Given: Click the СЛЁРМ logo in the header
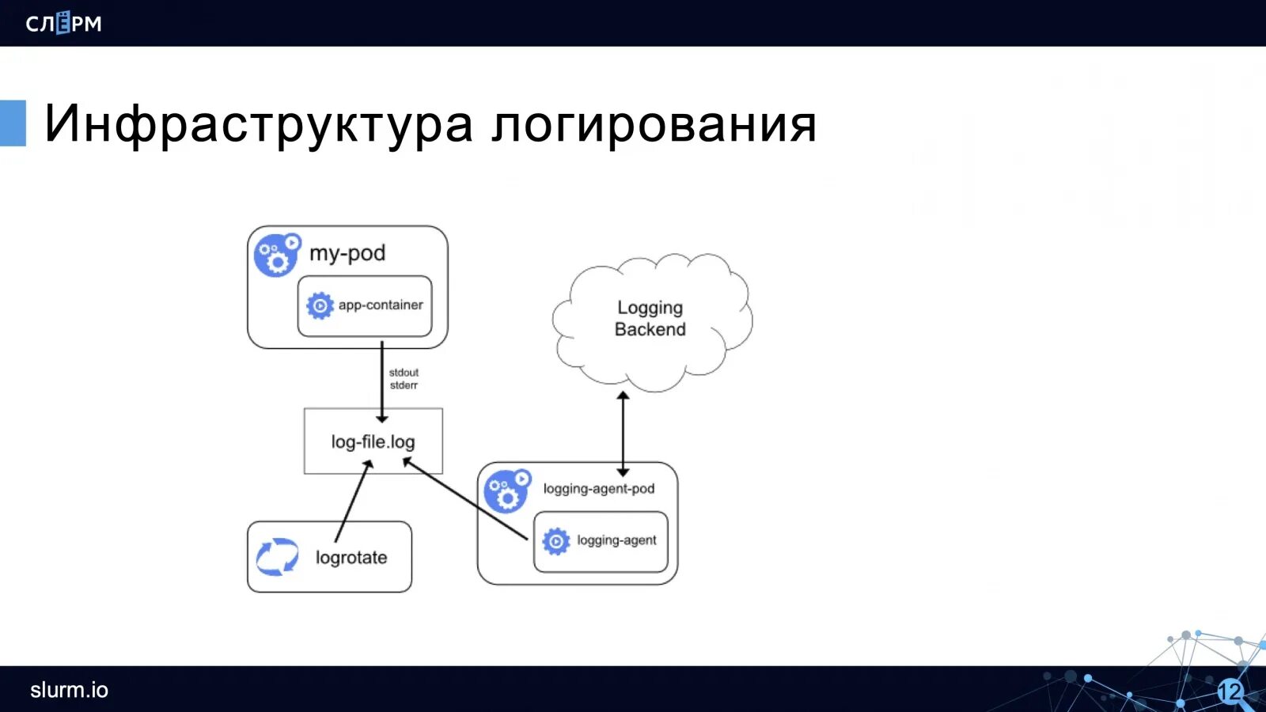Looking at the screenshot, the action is coord(63,23).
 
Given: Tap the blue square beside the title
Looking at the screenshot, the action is coord(13,123).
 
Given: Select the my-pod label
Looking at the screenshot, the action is coord(347,253).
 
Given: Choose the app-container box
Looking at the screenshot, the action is coord(365,305).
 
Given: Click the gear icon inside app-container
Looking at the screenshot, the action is coord(320,305).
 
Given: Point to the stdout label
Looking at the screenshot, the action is coord(404,373).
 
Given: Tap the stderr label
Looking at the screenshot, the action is coord(404,385).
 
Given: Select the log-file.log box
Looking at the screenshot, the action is coord(373,441).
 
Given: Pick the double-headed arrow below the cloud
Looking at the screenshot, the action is coord(623,434).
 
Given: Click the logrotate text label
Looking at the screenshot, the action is coord(351,558).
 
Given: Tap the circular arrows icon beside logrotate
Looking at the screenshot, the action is coord(277,557).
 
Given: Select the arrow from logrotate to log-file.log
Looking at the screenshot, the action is coord(353,502).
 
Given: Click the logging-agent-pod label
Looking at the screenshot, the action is coord(599,489).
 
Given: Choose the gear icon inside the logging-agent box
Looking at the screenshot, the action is coord(555,541).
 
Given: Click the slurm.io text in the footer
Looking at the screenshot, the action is coord(69,690).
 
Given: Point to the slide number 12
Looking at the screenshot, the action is coord(1230,691).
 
